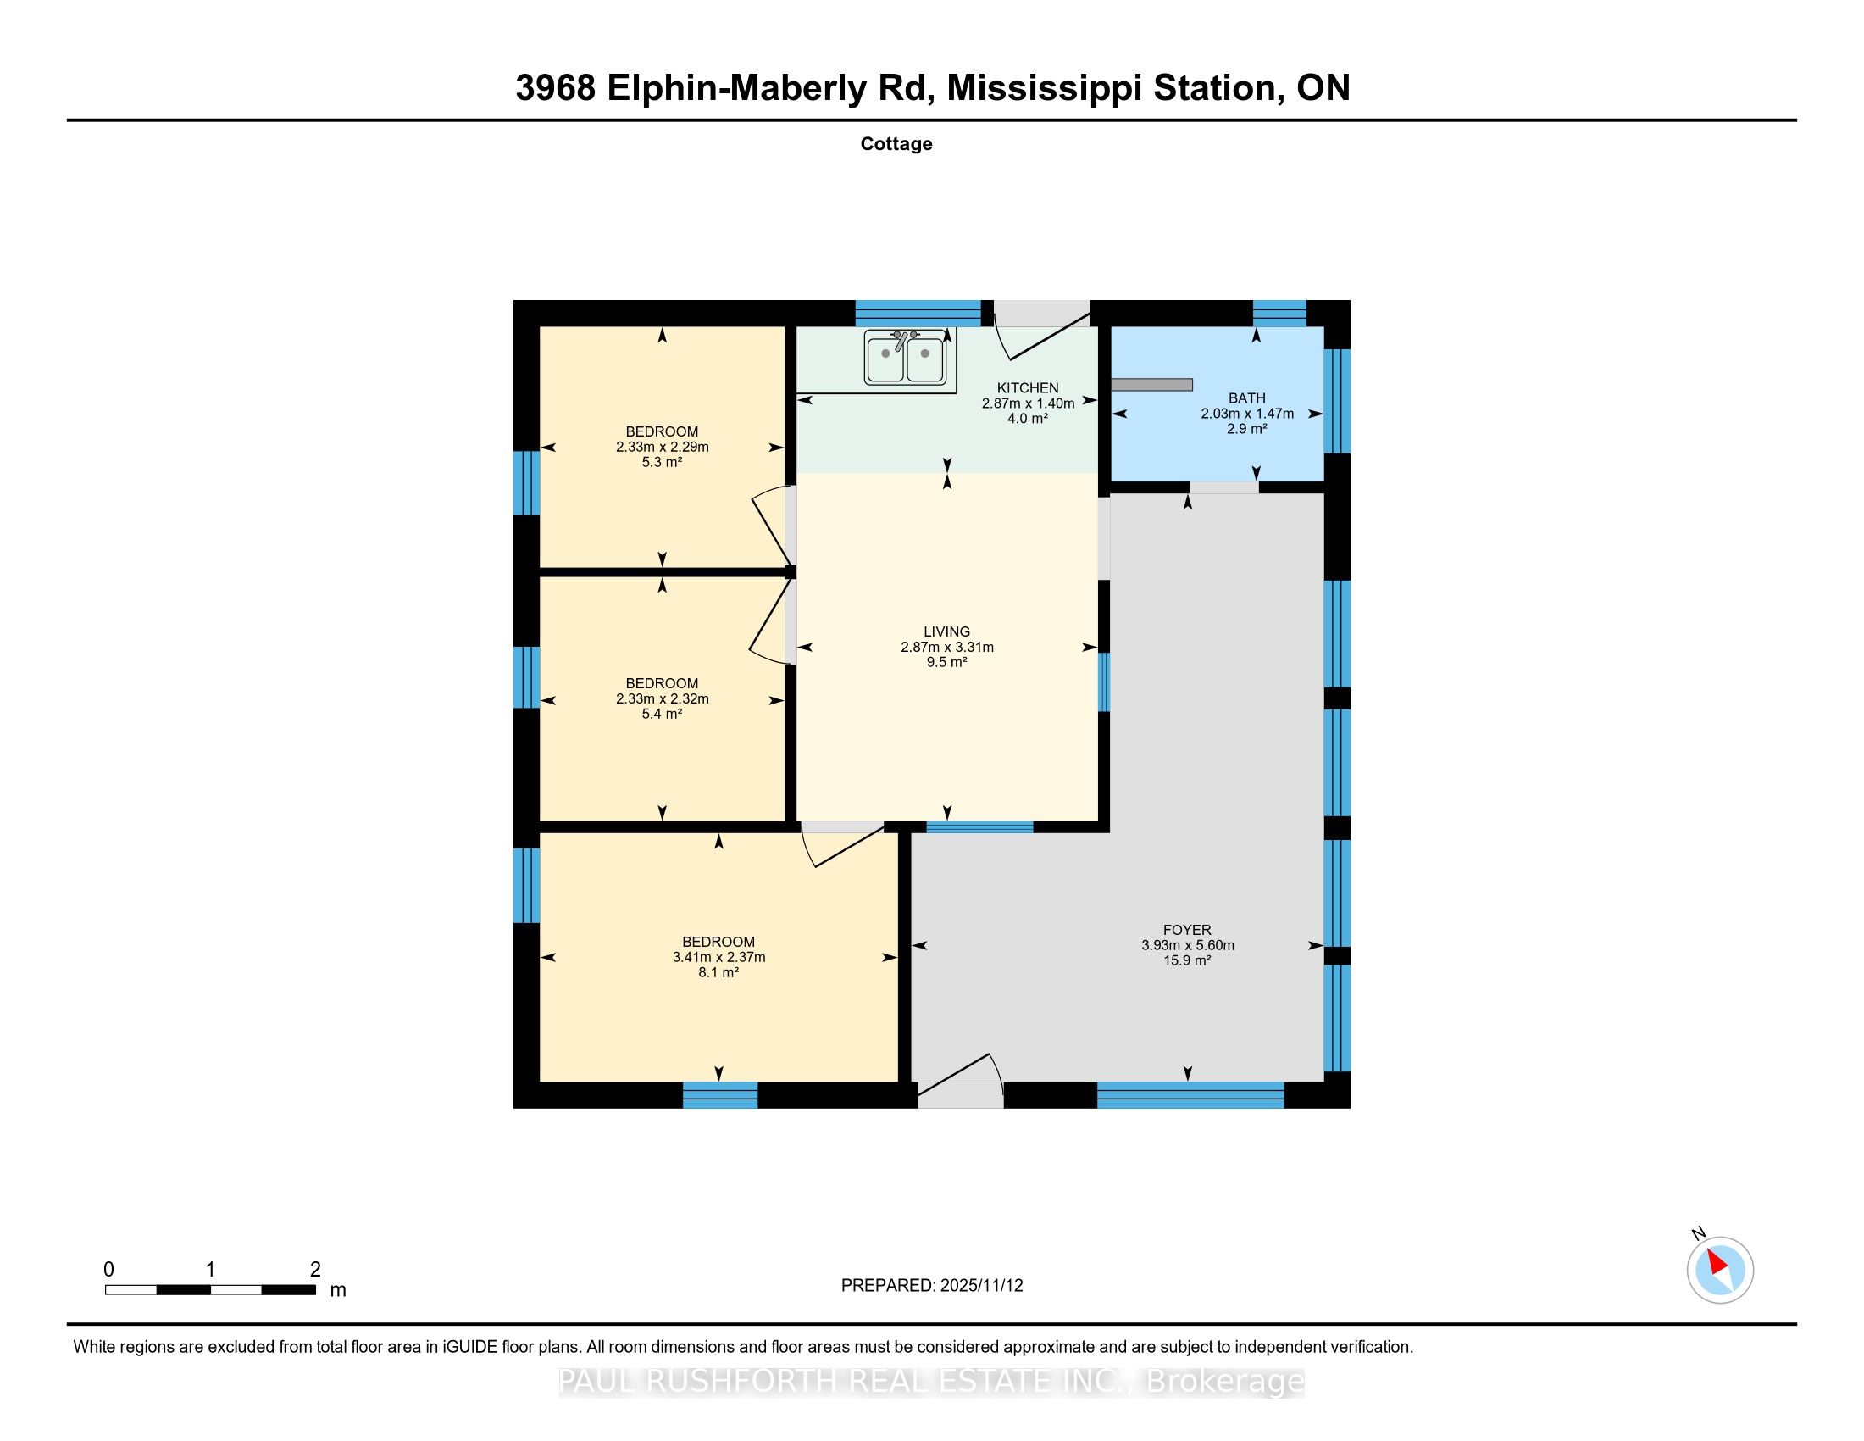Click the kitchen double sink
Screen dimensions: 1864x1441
pyautogui.click(x=905, y=357)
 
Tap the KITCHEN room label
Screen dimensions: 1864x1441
pyautogui.click(x=1028, y=388)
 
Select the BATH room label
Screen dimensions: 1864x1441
pyautogui.click(x=1247, y=398)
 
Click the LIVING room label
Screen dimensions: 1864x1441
pyautogui.click(x=946, y=631)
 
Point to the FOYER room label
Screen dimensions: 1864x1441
pyautogui.click(x=1187, y=930)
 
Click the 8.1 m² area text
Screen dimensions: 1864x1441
pyautogui.click(x=718, y=972)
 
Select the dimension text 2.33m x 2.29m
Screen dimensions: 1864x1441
pyautogui.click(x=663, y=447)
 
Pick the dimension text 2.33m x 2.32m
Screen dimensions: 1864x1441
pyautogui.click(x=663, y=698)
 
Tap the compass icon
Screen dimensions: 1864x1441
pyautogui.click(x=1720, y=1270)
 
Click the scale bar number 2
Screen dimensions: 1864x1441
pyautogui.click(x=315, y=1269)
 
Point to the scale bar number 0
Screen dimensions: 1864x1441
pyautogui.click(x=108, y=1269)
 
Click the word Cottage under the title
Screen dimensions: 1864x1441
pyautogui.click(x=896, y=143)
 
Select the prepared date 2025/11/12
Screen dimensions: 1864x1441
pyautogui.click(x=980, y=1286)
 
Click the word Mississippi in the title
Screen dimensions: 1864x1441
pyautogui.click(x=1044, y=88)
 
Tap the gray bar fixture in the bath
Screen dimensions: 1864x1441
pyautogui.click(x=1151, y=385)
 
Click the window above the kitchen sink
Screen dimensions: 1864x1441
pyautogui.click(x=918, y=314)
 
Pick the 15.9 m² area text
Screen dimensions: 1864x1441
pyautogui.click(x=1187, y=960)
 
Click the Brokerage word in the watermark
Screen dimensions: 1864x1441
pyautogui.click(x=1225, y=1382)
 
